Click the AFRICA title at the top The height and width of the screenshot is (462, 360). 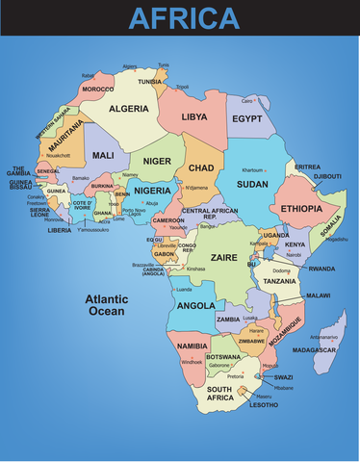pyautogui.click(x=184, y=17)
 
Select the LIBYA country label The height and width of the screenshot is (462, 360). pyautogui.click(x=194, y=116)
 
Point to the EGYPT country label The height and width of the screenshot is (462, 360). pyautogui.click(x=247, y=118)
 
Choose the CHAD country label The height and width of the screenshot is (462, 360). pyautogui.click(x=200, y=168)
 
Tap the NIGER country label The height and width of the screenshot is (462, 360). pyautogui.click(x=156, y=161)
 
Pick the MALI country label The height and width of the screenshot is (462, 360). pyautogui.click(x=103, y=154)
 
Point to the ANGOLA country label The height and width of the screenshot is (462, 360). pyautogui.click(x=196, y=305)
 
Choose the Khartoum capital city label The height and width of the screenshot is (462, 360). pyautogui.click(x=252, y=169)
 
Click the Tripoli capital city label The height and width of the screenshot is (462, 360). pyautogui.click(x=182, y=87)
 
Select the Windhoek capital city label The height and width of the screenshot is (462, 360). pyautogui.click(x=192, y=362)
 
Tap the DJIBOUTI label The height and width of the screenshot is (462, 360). pyautogui.click(x=328, y=176)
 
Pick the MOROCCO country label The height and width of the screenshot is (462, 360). pyautogui.click(x=97, y=89)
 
